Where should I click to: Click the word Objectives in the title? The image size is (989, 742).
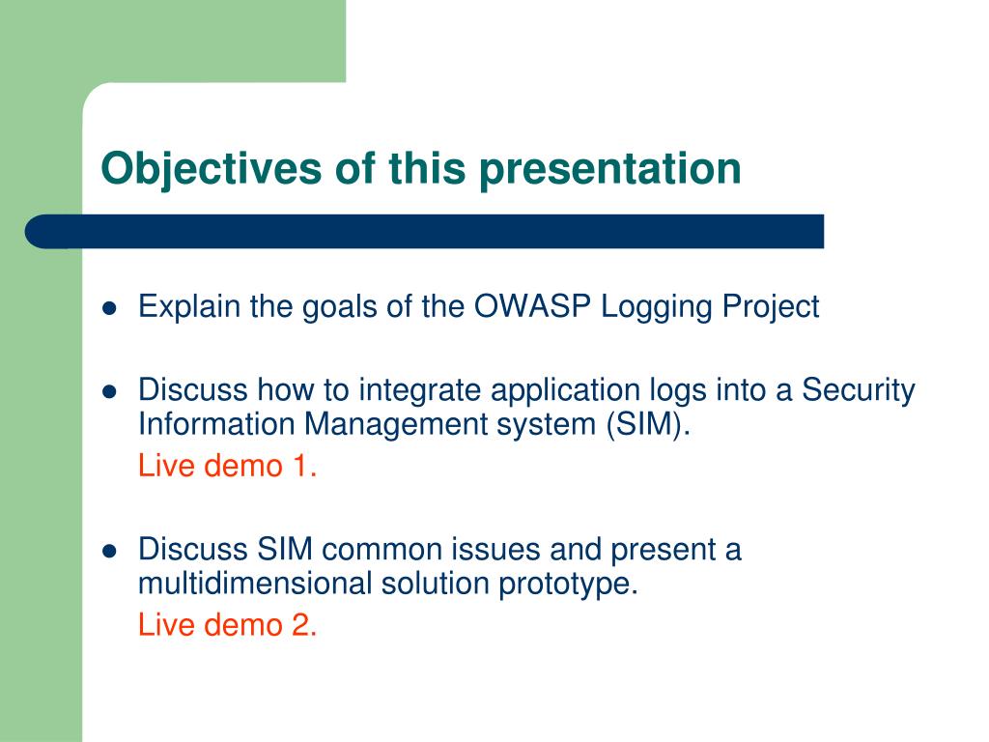point(212,169)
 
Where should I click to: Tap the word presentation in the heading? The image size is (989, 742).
point(610,169)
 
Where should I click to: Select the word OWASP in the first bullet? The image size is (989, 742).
point(532,306)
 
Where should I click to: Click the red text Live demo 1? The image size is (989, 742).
point(227,467)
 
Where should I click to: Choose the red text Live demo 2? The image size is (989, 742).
point(227,625)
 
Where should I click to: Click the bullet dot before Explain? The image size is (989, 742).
point(110,308)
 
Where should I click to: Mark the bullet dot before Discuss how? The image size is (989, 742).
point(110,392)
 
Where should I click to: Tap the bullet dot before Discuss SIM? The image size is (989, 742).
point(110,552)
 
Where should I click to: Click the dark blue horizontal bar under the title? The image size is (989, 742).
point(425,232)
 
